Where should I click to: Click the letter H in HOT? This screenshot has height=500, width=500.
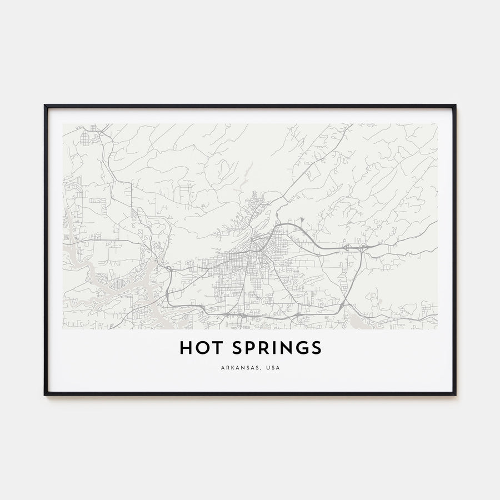[186, 348]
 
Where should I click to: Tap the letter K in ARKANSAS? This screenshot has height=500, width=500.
[231, 367]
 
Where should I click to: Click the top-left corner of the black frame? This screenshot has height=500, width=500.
[45, 106]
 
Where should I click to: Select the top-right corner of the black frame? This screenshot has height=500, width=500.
[455, 106]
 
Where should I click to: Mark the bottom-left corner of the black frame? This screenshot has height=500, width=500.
[45, 394]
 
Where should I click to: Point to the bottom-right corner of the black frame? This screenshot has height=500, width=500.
[455, 394]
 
